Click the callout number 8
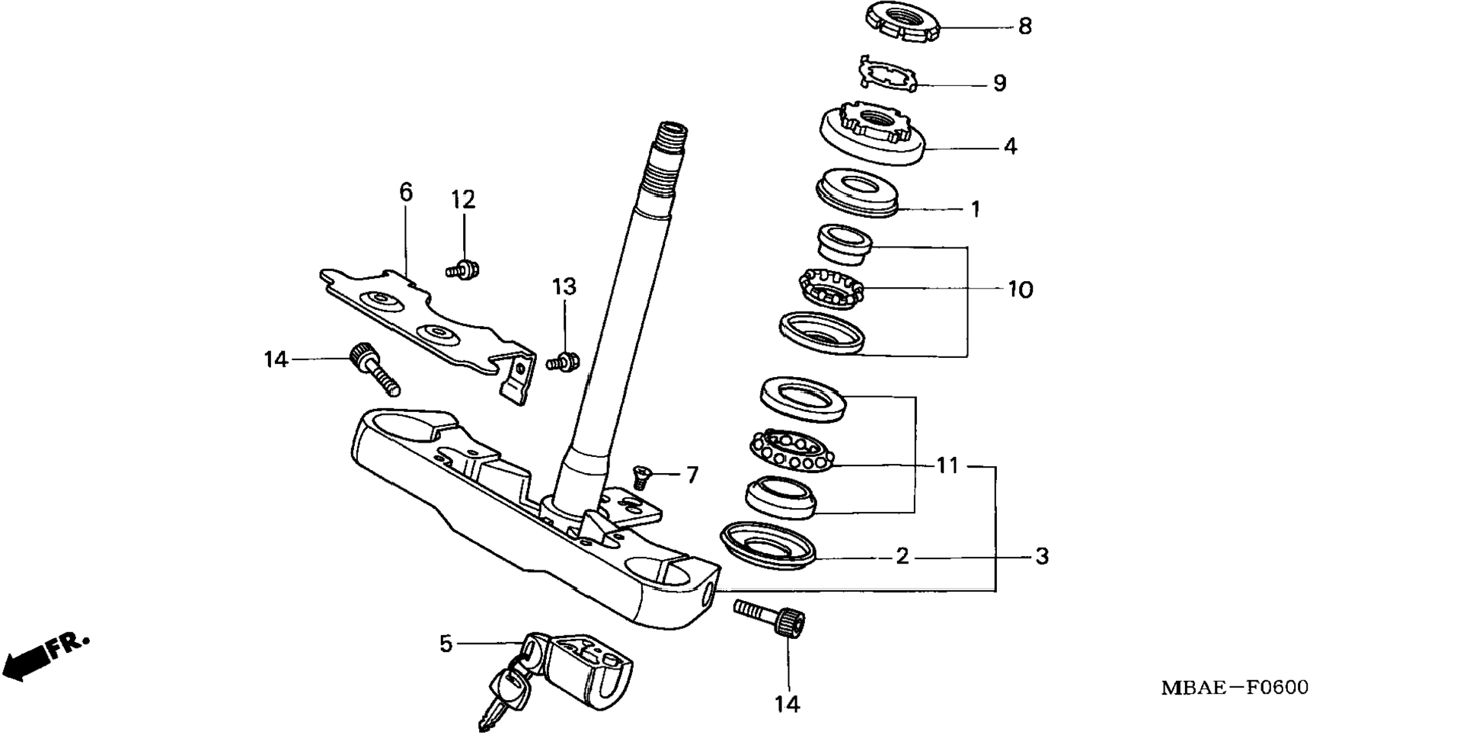(x=1025, y=27)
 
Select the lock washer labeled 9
(x=887, y=75)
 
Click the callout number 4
(x=1010, y=146)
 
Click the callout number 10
(x=1020, y=289)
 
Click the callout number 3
(x=1042, y=557)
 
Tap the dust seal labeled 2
(x=768, y=544)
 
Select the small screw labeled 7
(x=641, y=478)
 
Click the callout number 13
(x=564, y=287)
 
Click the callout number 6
(x=406, y=192)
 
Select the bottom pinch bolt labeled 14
(x=771, y=616)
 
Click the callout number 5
(x=446, y=644)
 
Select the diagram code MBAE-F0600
(x=1235, y=688)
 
